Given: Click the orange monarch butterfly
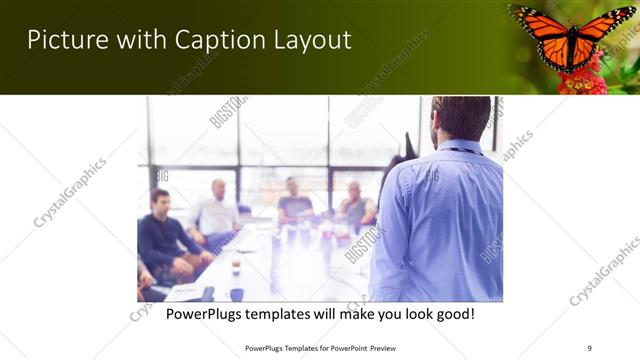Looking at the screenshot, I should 572,34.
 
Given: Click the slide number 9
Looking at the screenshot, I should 589,348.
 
